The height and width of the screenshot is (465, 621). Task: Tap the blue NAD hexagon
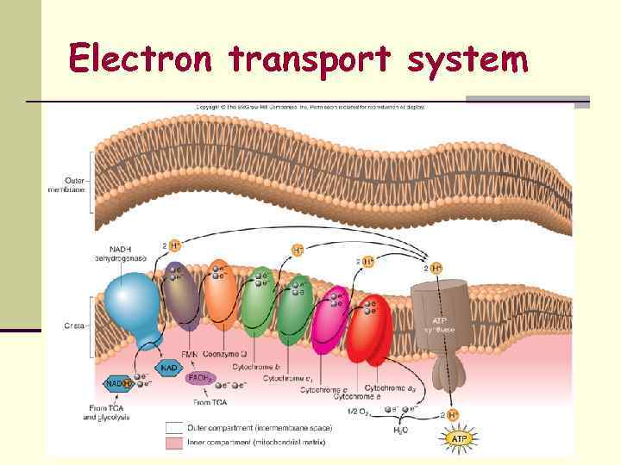click(x=169, y=367)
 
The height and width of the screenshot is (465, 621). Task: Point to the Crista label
click(x=77, y=325)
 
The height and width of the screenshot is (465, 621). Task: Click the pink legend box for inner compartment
click(x=177, y=442)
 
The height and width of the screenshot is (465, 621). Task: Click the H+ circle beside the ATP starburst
click(x=456, y=415)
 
